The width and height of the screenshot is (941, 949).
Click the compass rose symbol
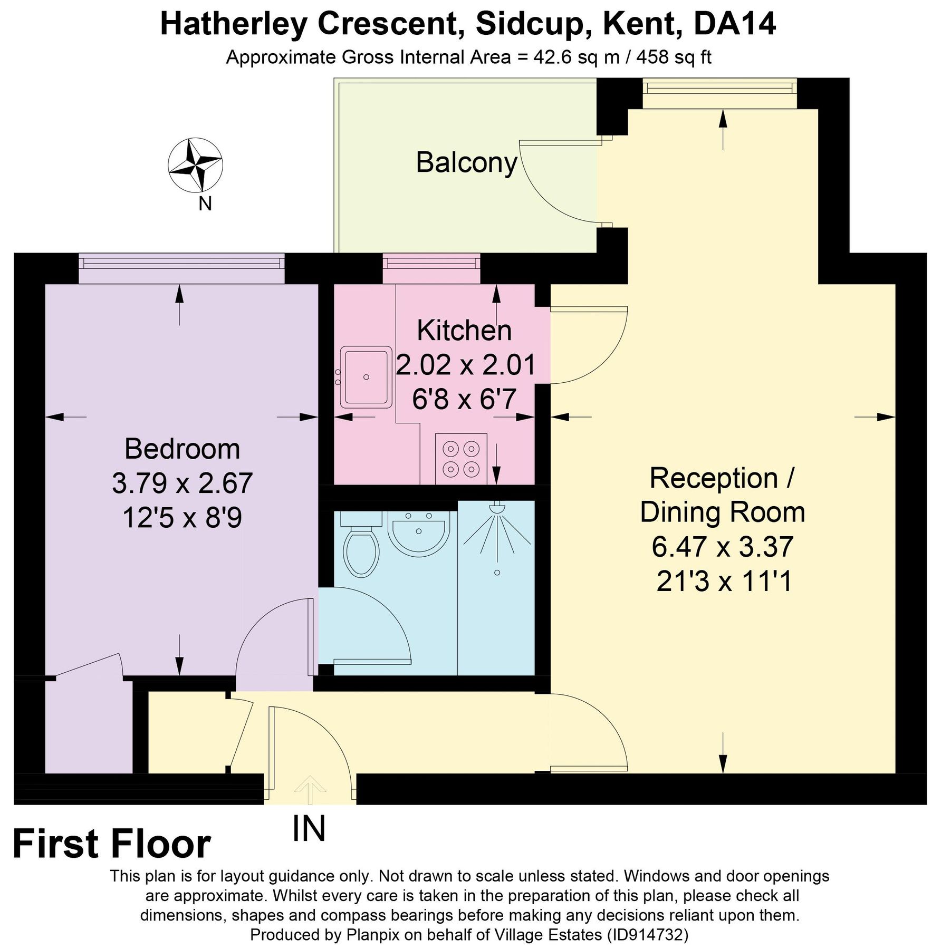[195, 165]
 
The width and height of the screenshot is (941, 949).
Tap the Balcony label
[466, 162]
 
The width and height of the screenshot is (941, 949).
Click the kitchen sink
[366, 377]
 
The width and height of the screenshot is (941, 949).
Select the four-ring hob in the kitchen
[461, 458]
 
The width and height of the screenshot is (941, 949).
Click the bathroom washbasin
[419, 530]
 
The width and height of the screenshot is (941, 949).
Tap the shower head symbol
[497, 508]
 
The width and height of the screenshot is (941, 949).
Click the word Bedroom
[182, 449]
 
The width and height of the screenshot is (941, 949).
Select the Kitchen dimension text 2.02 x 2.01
[466, 365]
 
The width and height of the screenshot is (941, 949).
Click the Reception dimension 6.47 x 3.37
[722, 547]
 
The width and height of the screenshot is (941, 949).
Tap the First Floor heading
[111, 845]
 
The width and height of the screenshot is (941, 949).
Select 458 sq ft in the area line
[674, 57]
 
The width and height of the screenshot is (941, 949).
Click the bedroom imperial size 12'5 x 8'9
[182, 518]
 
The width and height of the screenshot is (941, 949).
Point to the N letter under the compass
[205, 204]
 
